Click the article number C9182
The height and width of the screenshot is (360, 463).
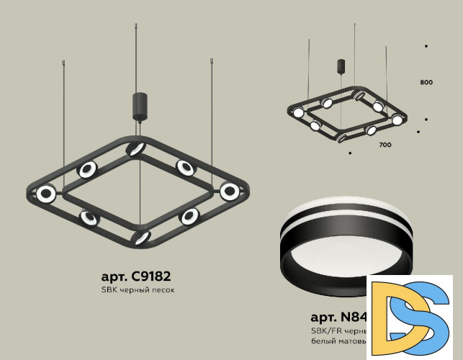click(x=136, y=276)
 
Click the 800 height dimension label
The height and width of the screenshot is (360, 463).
click(x=426, y=83)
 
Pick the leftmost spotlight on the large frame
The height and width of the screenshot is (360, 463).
click(x=47, y=193)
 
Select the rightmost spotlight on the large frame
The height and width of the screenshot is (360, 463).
click(x=230, y=192)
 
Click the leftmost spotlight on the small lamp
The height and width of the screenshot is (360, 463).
click(x=297, y=112)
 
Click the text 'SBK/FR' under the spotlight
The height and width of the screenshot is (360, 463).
click(x=323, y=329)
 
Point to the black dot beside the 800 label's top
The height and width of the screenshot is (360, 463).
click(x=426, y=46)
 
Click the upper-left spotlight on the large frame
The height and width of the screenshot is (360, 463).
click(x=86, y=170)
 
